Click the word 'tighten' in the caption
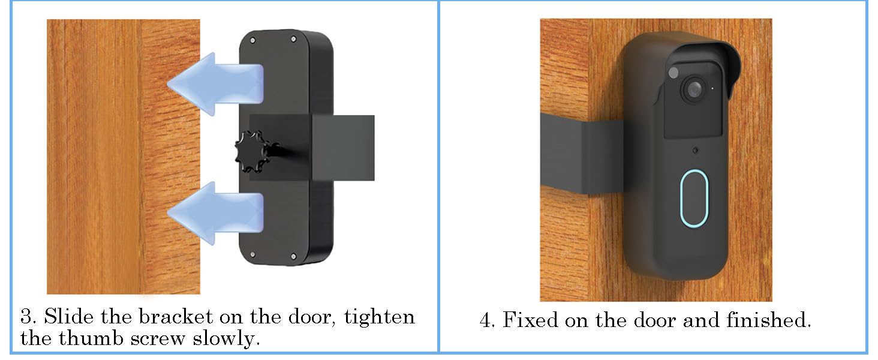(x=380, y=316)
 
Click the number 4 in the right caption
(x=486, y=320)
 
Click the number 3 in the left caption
(x=25, y=316)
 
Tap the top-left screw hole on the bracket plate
(x=252, y=40)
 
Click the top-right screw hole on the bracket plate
(x=294, y=40)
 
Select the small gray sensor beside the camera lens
(x=673, y=73)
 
